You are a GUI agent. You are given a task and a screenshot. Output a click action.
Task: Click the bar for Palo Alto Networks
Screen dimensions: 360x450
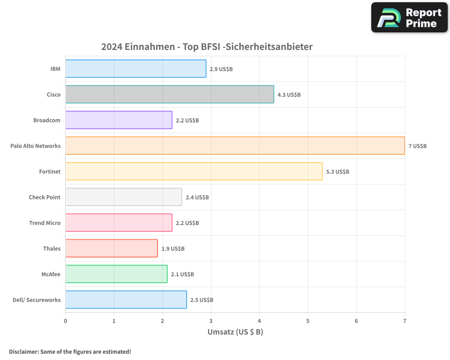click(x=235, y=146)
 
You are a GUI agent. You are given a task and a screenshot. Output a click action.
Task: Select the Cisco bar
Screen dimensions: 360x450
click(x=170, y=94)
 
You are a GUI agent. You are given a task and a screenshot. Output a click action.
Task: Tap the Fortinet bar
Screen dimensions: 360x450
click(x=194, y=171)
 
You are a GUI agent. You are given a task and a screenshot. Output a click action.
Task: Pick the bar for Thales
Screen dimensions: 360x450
click(x=112, y=248)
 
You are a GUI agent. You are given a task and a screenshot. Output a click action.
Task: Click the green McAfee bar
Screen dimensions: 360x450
click(x=116, y=274)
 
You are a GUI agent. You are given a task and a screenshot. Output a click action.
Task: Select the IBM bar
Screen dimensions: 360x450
click(x=135, y=69)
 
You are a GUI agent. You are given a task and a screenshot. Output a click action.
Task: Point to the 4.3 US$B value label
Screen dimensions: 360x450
click(x=289, y=95)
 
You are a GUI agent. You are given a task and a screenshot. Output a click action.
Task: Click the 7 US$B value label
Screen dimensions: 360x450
click(x=417, y=146)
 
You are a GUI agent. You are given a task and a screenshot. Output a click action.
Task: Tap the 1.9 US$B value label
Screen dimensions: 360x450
click(x=173, y=249)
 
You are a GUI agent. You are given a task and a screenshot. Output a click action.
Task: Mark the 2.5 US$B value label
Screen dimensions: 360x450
click(x=202, y=300)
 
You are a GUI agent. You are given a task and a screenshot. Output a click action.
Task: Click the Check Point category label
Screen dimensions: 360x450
click(x=45, y=198)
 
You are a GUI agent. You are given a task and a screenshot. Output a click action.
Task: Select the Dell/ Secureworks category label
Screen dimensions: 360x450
click(x=36, y=300)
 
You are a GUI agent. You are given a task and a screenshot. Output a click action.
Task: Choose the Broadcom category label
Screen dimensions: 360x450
click(x=47, y=121)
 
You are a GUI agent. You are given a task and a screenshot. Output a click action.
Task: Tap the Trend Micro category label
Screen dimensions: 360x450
click(x=45, y=223)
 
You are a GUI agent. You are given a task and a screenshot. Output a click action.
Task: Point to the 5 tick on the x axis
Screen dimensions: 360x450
click(x=308, y=321)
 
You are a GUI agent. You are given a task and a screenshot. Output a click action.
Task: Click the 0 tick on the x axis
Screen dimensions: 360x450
click(x=66, y=321)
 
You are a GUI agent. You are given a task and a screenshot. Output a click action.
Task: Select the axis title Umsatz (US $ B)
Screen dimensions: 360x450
click(x=235, y=333)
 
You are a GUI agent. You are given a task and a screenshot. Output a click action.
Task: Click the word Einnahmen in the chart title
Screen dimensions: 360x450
click(x=145, y=47)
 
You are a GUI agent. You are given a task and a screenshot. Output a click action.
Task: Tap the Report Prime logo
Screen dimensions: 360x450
click(x=409, y=18)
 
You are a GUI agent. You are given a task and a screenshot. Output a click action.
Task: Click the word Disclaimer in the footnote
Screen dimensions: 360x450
click(x=23, y=352)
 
